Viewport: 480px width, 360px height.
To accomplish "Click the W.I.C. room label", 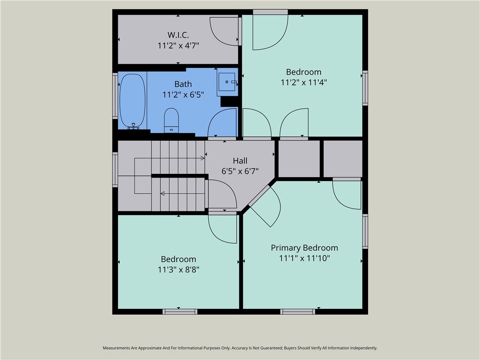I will [x=178, y=35].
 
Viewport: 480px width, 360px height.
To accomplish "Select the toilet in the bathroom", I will [x=172, y=120].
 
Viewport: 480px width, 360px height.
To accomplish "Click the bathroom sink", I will [x=227, y=82].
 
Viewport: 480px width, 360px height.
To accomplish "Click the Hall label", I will [x=240, y=161].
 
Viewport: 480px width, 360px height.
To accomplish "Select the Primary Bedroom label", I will [x=304, y=247].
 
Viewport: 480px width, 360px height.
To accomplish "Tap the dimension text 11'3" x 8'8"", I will [x=178, y=270].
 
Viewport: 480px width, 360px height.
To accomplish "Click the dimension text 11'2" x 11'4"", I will [x=304, y=82].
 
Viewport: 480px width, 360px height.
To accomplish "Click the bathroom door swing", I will [x=223, y=124].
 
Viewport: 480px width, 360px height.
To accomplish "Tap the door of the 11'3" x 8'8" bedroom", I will [x=223, y=228].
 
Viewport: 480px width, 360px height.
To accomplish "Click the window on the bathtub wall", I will [x=115, y=96].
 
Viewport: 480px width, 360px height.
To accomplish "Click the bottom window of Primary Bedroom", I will [x=297, y=311].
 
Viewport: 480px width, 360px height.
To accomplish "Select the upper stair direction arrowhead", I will [x=203, y=158].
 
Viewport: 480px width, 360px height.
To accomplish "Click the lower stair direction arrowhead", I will [x=162, y=193].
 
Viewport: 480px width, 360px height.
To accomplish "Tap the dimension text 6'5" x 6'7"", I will [x=240, y=172].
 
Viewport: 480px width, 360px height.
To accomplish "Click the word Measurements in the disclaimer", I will [x=118, y=348].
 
